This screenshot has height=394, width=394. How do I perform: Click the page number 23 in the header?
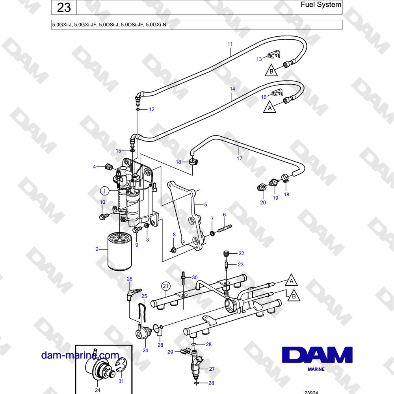(x=64, y=7)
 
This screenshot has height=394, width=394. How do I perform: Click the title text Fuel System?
(x=321, y=4)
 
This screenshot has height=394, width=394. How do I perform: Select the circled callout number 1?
(x=105, y=191)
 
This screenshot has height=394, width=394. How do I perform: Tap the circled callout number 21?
(x=165, y=286)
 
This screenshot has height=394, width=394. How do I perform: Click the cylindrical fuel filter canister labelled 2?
(x=120, y=251)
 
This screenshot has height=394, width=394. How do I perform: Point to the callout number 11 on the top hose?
(x=230, y=44)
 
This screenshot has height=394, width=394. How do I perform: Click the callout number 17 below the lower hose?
(x=239, y=158)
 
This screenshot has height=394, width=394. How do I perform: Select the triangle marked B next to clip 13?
(x=271, y=71)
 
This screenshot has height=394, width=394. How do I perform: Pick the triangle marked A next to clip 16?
(x=269, y=107)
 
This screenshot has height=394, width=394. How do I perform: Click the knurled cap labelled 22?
(x=226, y=253)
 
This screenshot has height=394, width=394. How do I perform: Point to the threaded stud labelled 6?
(x=225, y=229)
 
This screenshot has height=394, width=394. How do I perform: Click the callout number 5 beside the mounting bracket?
(x=206, y=204)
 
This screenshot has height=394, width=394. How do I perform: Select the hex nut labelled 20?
(x=262, y=188)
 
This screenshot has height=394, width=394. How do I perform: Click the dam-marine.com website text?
(x=80, y=355)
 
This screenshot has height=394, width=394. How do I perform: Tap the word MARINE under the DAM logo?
(x=316, y=369)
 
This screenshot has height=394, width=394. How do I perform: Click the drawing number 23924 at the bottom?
(x=311, y=392)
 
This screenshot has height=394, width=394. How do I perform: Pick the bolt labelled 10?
(x=104, y=216)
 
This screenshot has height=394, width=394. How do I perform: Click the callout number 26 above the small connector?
(x=129, y=279)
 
